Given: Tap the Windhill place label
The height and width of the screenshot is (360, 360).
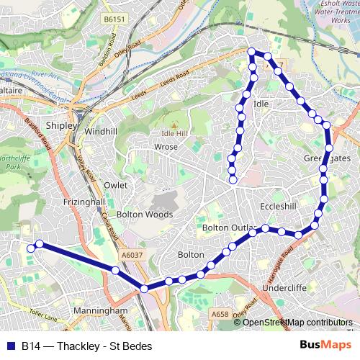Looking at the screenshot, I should click(100, 132).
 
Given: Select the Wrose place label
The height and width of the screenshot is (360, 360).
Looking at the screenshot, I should click(166, 147).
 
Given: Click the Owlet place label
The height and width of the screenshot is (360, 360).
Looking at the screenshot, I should click(115, 185).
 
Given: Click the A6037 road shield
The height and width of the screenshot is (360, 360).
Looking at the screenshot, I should click(132, 254).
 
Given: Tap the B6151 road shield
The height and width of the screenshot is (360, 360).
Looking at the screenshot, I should click(114, 19).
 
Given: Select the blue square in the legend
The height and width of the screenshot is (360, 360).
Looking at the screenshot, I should click(11, 346).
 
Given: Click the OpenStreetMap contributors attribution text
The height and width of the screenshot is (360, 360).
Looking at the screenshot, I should click(297, 322).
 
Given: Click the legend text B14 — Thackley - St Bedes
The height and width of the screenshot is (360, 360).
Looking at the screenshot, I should click(86, 346).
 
